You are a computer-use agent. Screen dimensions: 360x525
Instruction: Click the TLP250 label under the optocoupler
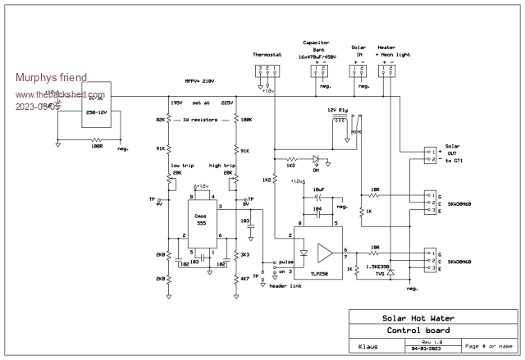pos(320,277)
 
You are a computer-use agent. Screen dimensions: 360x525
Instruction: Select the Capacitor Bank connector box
pos(317,70)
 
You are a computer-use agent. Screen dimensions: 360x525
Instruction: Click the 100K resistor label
pos(247,120)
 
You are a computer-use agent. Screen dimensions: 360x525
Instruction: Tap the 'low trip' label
pos(181,164)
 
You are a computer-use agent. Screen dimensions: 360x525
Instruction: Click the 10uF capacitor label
pos(318,190)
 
